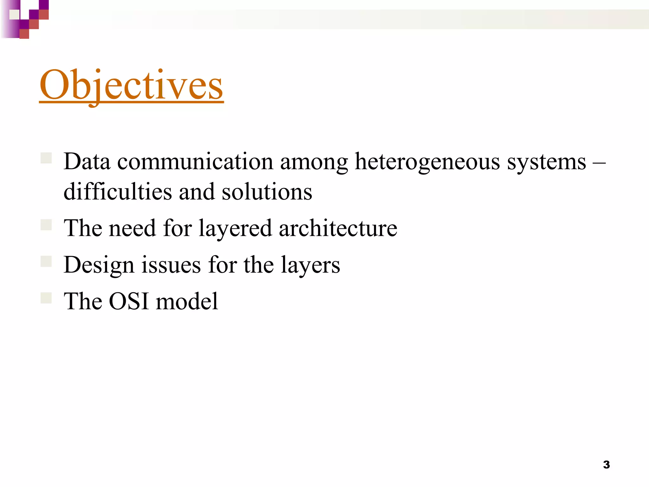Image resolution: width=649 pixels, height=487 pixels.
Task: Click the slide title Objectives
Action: pos(132,85)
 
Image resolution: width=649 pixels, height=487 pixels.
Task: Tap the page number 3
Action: pos(606,465)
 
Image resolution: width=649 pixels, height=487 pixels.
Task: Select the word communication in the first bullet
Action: pos(195,162)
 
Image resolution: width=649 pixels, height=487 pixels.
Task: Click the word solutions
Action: pos(267,192)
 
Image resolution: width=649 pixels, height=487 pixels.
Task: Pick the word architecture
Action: pos(338,228)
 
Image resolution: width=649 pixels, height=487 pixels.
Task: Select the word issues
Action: pos(171,265)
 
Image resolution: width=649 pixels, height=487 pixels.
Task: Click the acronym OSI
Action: pos(129,301)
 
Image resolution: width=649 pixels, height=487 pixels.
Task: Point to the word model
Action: pos(187,301)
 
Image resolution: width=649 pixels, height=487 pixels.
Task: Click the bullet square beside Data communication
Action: pos(46,158)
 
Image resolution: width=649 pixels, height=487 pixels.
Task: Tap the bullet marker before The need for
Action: pos(46,225)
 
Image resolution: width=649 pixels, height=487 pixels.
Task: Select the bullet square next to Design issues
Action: pos(46,261)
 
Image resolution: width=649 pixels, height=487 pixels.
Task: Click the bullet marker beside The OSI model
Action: pos(46,298)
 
